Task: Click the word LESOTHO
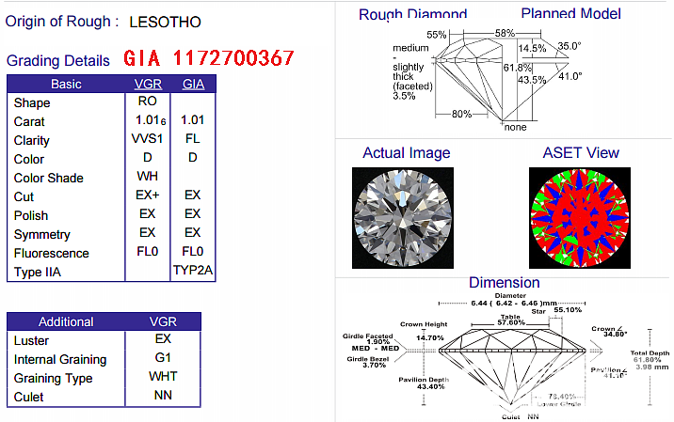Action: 164,22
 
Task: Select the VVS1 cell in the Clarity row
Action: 148,140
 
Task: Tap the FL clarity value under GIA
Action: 193,139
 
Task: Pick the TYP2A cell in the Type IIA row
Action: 194,271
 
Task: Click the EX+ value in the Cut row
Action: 148,195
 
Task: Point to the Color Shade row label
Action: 48,178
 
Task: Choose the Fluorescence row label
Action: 51,253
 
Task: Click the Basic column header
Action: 66,85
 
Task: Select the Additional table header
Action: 66,321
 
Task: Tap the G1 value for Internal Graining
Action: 162,358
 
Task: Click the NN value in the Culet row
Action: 162,396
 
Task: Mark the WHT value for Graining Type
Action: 162,377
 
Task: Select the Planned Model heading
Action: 570,13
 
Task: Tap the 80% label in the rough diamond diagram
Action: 461,115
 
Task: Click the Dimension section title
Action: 504,282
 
